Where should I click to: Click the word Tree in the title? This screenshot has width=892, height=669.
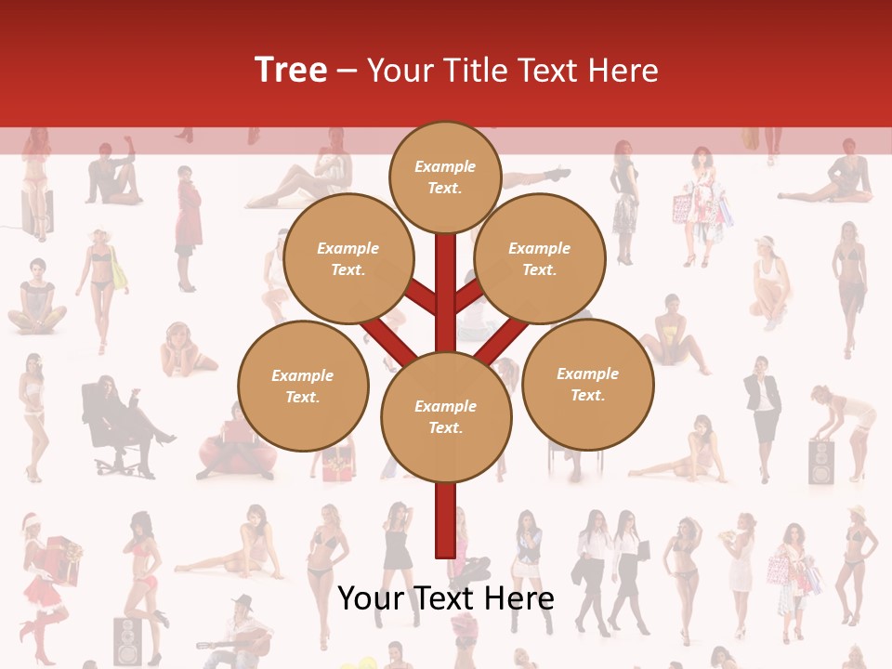[x=291, y=70]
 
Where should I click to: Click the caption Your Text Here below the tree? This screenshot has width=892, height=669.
[x=446, y=598]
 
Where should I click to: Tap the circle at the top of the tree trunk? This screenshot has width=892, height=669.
[x=445, y=176]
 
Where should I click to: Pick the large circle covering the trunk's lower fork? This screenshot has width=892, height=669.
[x=446, y=417]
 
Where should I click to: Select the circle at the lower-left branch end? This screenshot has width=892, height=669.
[x=303, y=386]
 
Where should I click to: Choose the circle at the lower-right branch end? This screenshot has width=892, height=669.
[x=587, y=384]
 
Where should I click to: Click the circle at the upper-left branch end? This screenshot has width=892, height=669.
[x=348, y=258]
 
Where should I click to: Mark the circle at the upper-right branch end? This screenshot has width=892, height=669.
[x=539, y=258]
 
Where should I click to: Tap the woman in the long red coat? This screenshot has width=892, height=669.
[x=188, y=223]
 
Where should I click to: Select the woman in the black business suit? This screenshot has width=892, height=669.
[x=764, y=409]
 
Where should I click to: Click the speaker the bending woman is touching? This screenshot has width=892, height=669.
[x=821, y=462]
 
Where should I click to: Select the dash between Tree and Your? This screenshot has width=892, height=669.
[x=348, y=71]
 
